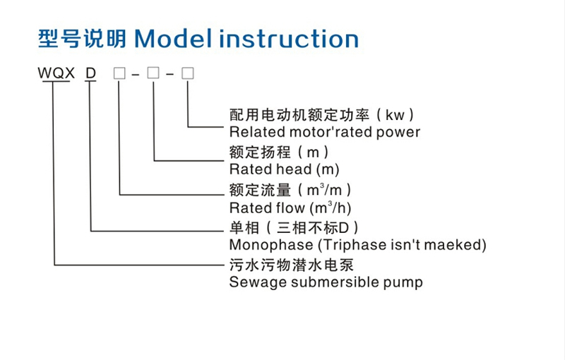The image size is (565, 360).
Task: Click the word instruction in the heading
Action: tap(289, 38)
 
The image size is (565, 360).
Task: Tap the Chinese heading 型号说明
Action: tap(82, 38)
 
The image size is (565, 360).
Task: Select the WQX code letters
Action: tap(56, 73)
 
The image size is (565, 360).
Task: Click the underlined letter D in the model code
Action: tap(91, 73)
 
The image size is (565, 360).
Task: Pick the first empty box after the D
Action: tap(119, 73)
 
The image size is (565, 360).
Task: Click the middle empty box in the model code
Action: tap(153, 73)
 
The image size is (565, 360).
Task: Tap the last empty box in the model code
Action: tap(187, 73)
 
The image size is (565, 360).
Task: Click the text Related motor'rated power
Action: tap(325, 132)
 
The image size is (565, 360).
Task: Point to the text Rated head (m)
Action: tap(285, 169)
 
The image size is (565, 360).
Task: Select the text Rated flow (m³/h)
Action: tap(290, 208)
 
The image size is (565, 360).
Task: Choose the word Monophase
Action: tap(271, 245)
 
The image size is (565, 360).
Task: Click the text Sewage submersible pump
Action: tap(326, 282)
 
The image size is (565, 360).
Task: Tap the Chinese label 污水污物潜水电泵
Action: tap(292, 265)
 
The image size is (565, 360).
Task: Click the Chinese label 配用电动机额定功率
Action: tap(299, 115)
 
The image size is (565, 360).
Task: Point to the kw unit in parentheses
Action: tap(395, 115)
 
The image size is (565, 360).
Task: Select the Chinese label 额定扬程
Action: tap(260, 152)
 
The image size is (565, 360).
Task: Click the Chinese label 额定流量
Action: tap(260, 190)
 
